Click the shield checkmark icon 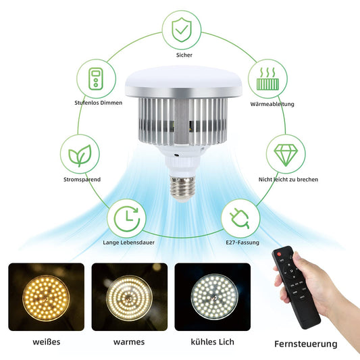pos(182,30)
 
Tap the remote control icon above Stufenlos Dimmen pos(96,79)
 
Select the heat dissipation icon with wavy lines pos(267,78)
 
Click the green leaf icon pos(80,155)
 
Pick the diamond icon pos(286,155)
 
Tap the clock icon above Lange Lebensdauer pos(127,219)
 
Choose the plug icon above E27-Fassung pos(240,218)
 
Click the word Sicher pos(184,55)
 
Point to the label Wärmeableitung pos(272,104)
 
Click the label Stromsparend pos(82,180)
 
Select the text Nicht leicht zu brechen pos(288,180)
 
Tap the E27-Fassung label pos(242,242)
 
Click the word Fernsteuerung pos(306,344)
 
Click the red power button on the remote pos(279,254)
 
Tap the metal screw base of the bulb pos(182,187)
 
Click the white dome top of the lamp pos(183,82)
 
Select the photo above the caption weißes pos(47,297)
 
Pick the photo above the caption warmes pos(130,297)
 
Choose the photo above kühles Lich pos(213,297)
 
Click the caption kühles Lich pos(212,342)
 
